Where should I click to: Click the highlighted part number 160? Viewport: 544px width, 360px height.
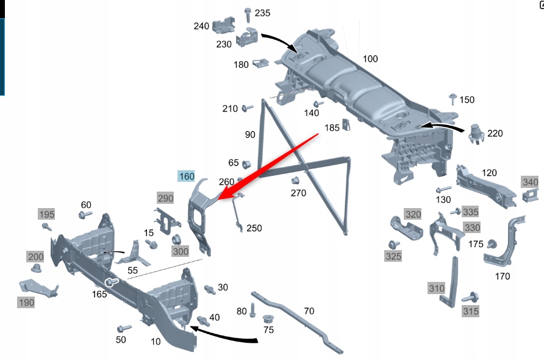(187, 176)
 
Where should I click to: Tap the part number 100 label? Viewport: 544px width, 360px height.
(370, 59)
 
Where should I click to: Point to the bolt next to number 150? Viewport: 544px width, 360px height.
(453, 100)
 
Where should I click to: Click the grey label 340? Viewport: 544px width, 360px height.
(530, 182)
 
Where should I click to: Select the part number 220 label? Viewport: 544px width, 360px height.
(495, 133)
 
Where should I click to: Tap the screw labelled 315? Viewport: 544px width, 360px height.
(469, 299)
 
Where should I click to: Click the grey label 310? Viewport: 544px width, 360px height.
(437, 288)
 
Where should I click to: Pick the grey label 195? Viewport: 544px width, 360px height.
(46, 214)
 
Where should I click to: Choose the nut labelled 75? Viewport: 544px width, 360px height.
(267, 319)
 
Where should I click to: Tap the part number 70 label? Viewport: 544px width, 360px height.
(309, 311)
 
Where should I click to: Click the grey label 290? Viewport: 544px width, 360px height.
(165, 198)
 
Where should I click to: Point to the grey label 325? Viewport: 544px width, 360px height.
(393, 256)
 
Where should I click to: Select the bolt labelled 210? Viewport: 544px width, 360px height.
(247, 109)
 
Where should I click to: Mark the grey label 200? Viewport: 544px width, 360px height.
(35, 257)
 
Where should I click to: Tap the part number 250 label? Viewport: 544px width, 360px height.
(254, 228)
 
